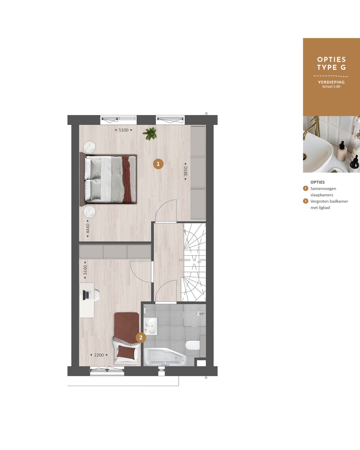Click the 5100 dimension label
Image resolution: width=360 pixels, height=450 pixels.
click(123, 130)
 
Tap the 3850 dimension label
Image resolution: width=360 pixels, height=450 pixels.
click(186, 171)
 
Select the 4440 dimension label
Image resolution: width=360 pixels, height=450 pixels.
click(88, 228)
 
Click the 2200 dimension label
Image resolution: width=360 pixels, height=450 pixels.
click(99, 355)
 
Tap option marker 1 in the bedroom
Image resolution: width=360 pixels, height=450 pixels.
click(158, 164)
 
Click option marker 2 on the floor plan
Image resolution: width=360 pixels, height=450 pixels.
click(141, 338)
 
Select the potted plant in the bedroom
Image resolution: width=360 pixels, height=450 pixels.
click(150, 133)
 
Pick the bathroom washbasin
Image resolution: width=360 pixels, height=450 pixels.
click(151, 325)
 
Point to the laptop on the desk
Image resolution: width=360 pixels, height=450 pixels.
click(87, 295)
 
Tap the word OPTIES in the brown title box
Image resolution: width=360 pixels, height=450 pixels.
click(331, 59)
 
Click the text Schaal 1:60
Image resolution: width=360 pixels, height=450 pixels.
click(331, 87)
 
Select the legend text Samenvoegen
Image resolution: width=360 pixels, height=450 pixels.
click(323, 189)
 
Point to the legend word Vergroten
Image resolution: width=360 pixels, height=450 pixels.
click(319, 201)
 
